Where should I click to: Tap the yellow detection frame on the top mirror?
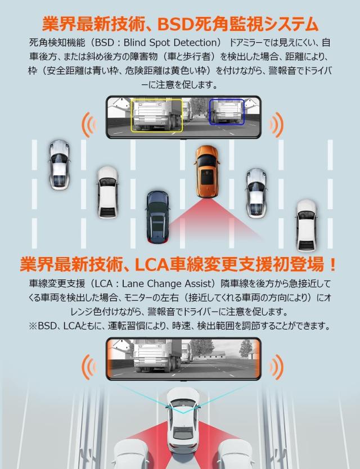point(157,116)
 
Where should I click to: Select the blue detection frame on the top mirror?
point(227,111)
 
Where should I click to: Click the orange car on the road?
point(206,172)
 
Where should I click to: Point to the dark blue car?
point(157,216)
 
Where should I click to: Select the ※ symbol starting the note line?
point(32,326)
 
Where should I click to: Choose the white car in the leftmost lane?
point(59,163)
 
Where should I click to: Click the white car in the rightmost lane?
point(307,224)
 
